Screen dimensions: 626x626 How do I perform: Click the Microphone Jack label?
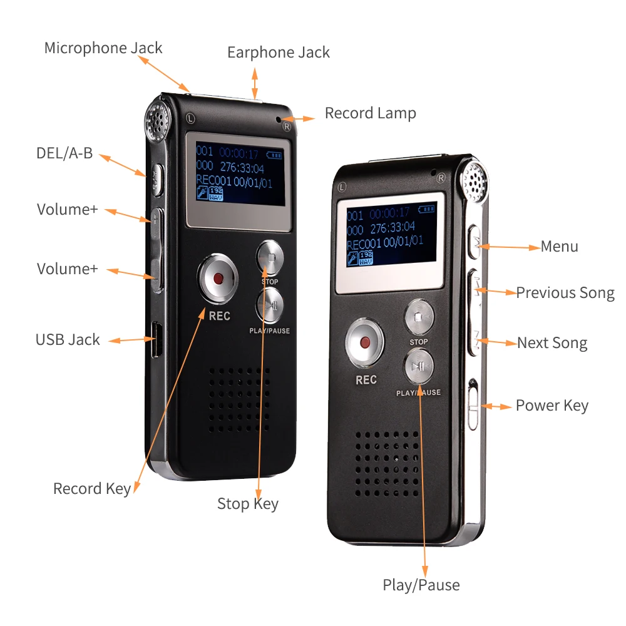coord(103,48)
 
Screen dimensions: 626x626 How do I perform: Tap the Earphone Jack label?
coord(278,53)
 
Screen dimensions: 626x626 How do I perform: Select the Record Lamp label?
coord(370,113)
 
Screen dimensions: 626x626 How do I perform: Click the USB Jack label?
coord(68,340)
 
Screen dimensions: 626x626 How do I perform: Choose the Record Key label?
coord(92,489)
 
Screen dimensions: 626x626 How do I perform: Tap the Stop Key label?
coord(247,504)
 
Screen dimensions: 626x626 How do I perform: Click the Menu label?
coord(559,247)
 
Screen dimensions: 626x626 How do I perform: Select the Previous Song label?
coord(565,293)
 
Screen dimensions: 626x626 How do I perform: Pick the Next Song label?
coord(552,343)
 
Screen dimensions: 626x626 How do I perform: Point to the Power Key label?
coord(552,406)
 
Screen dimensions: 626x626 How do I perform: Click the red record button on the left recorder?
coord(218,278)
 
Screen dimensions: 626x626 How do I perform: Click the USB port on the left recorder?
coord(155,340)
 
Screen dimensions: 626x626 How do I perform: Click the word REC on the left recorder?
coord(220,316)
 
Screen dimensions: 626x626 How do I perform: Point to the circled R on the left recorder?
coord(287,126)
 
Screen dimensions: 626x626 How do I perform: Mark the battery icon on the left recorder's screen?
coord(274,154)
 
